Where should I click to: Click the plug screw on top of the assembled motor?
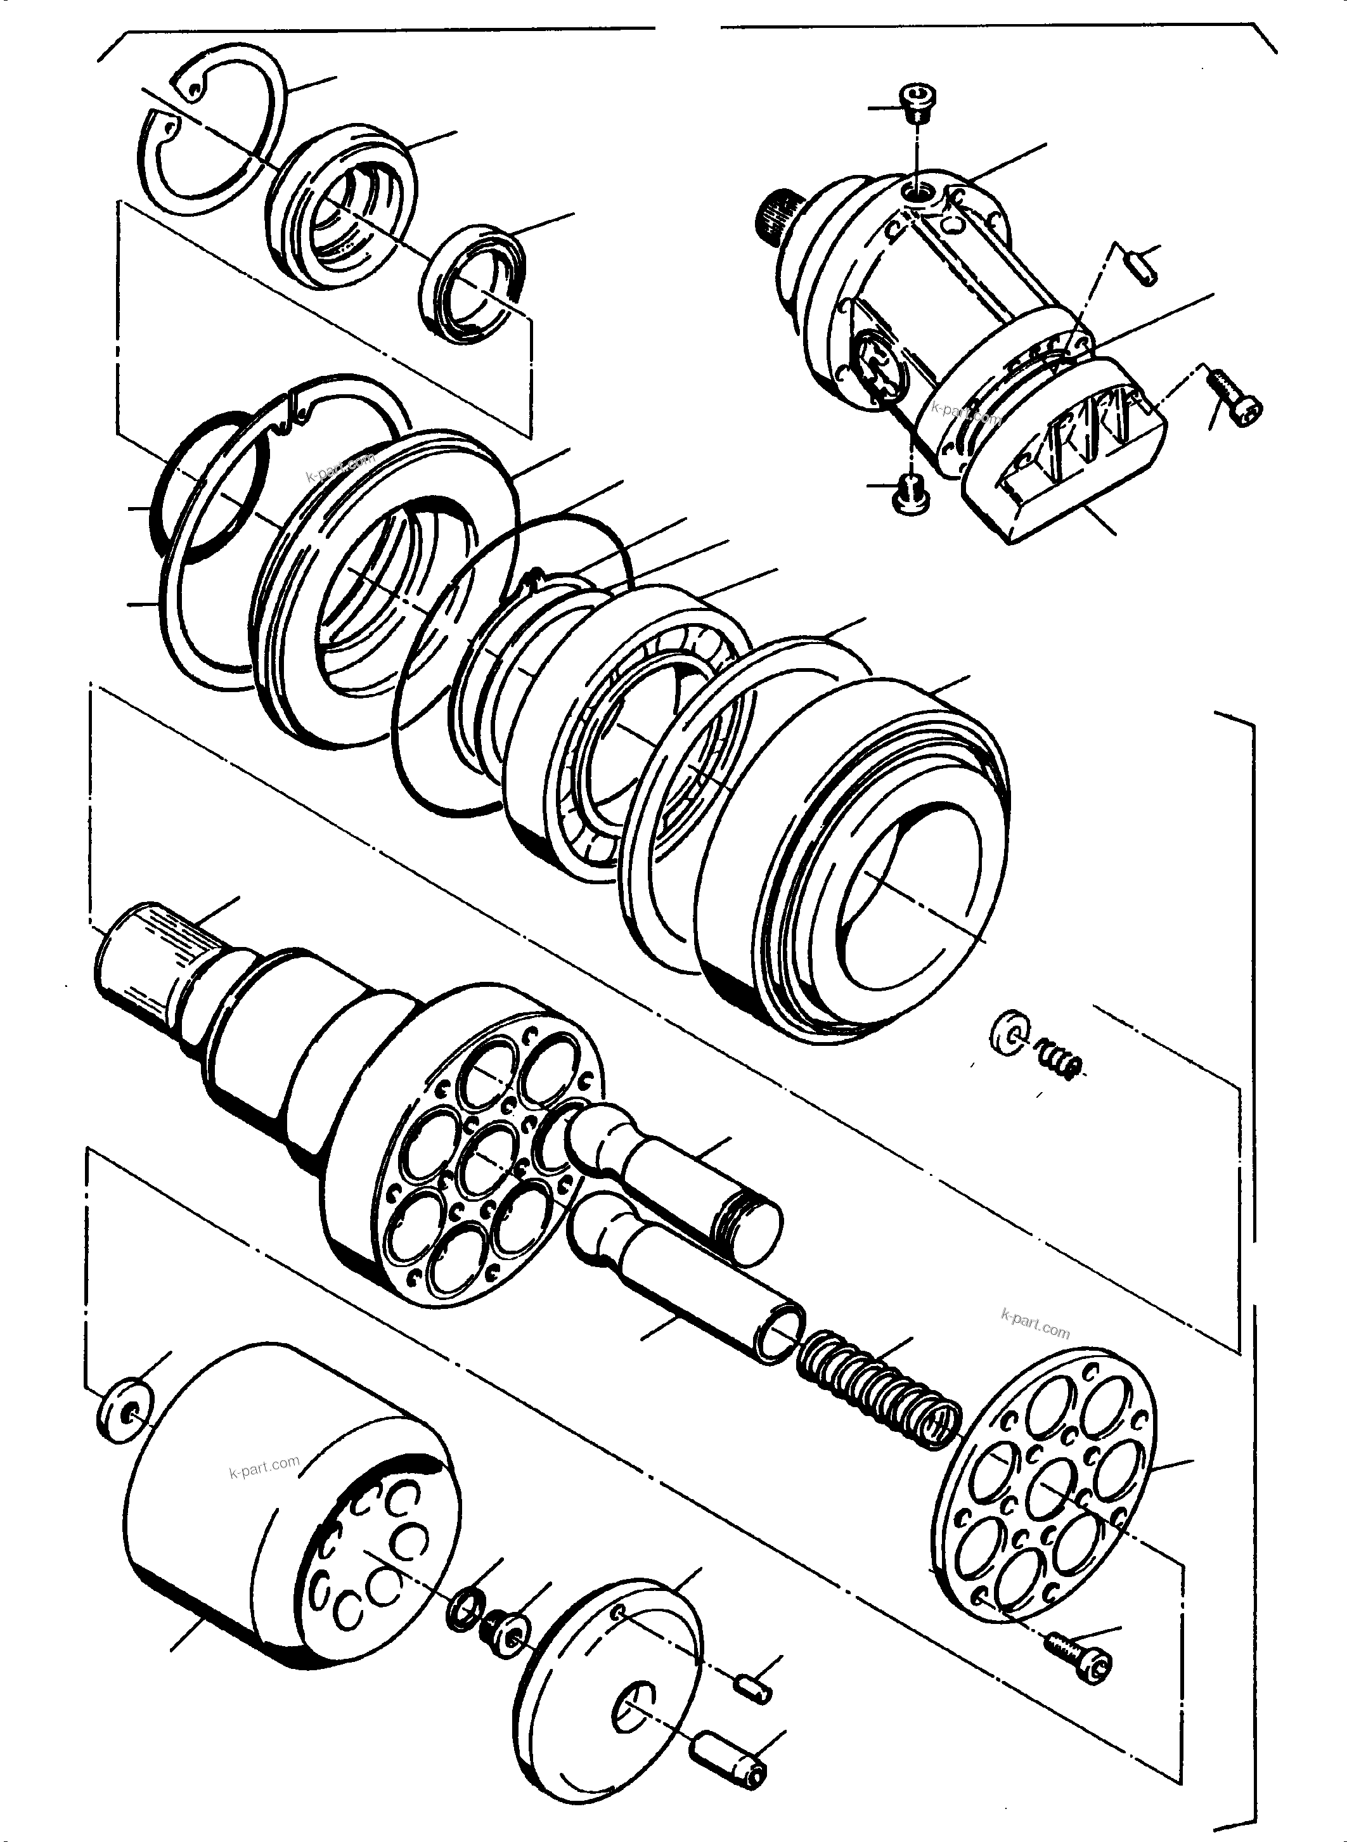[x=919, y=102]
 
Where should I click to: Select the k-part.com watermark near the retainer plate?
[x=1034, y=1324]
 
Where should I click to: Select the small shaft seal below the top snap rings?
[x=473, y=279]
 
